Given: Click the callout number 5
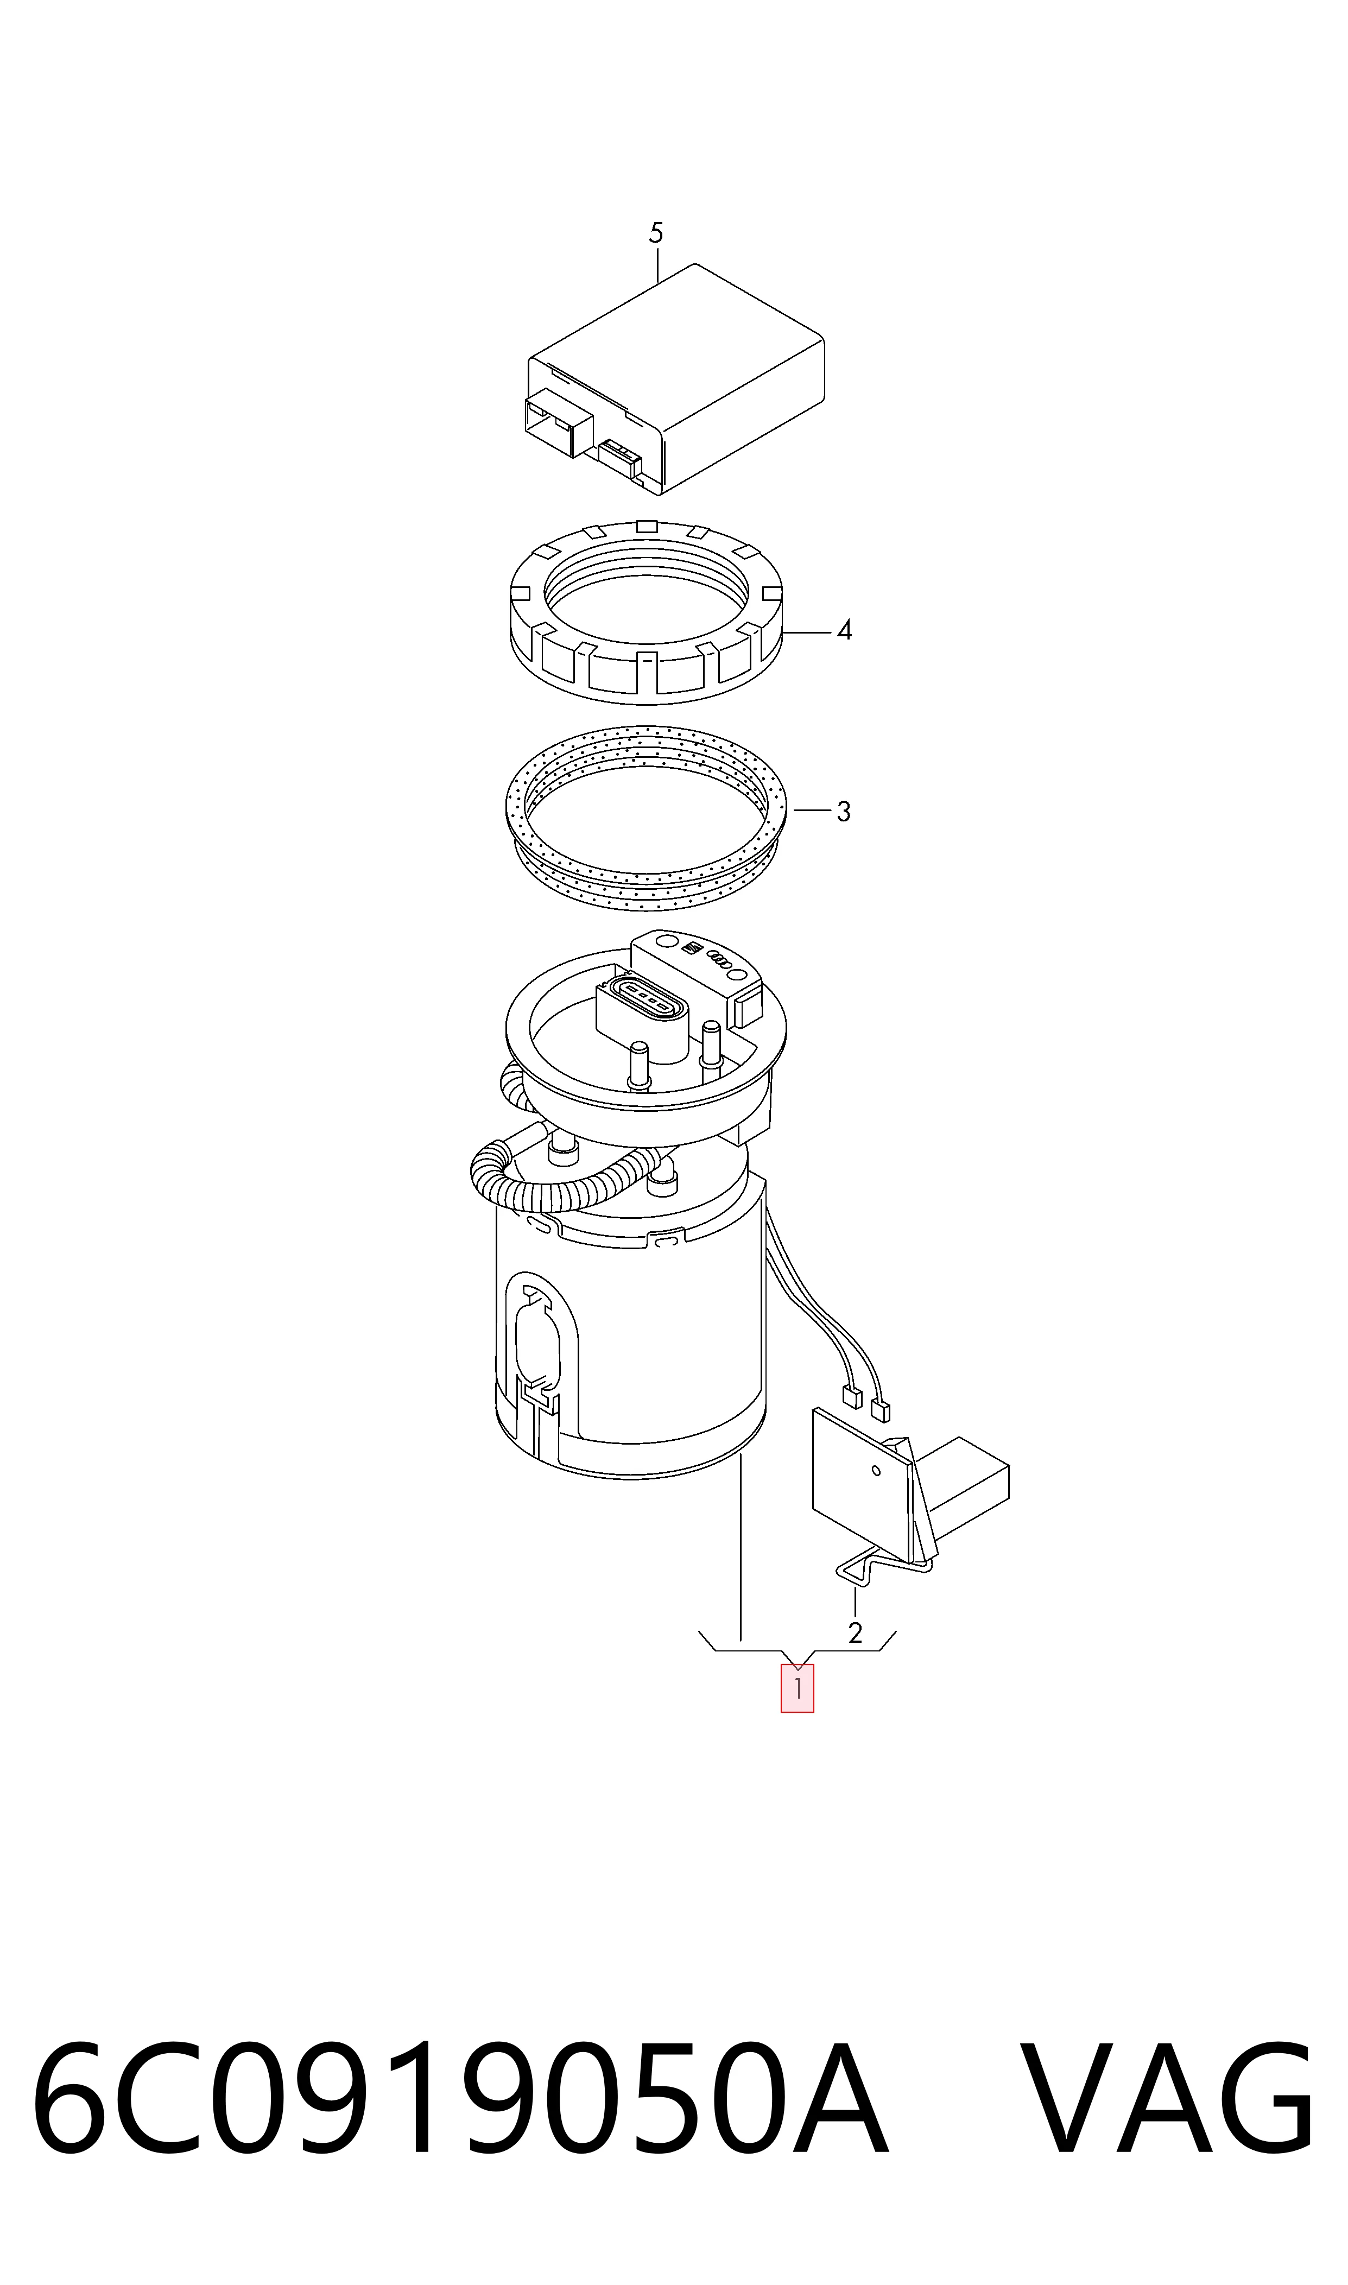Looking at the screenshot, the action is (656, 233).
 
